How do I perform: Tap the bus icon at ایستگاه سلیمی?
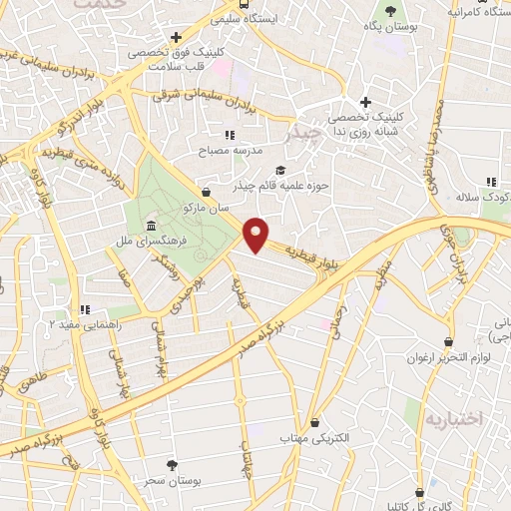219,18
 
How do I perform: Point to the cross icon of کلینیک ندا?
366,102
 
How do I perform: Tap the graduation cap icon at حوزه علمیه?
280,170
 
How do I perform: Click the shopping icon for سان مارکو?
206,191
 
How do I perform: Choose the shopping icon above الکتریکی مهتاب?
315,422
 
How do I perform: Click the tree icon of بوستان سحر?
173,465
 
